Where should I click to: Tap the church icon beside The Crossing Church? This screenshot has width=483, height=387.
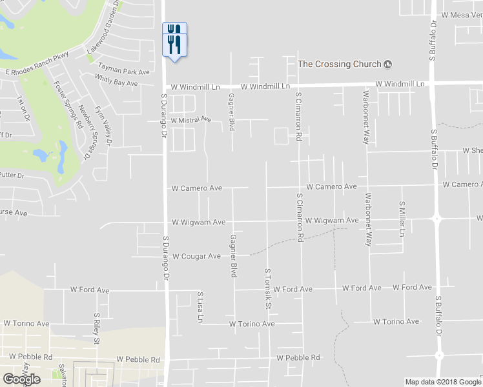(388, 64)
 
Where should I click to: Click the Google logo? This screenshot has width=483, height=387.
(21, 379)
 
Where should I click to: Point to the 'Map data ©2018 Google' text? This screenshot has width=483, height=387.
(443, 382)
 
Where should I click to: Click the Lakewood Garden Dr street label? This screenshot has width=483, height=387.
(105, 29)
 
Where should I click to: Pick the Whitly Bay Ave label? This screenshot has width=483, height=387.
(116, 81)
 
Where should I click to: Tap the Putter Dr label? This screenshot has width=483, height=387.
(12, 175)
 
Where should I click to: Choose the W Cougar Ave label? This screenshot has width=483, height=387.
(196, 256)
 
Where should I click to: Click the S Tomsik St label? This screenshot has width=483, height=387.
(266, 288)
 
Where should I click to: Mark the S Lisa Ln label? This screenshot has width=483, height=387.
(200, 307)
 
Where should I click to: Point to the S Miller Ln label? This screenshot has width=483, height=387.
(401, 219)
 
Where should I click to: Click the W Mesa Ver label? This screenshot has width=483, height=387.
(462, 15)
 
